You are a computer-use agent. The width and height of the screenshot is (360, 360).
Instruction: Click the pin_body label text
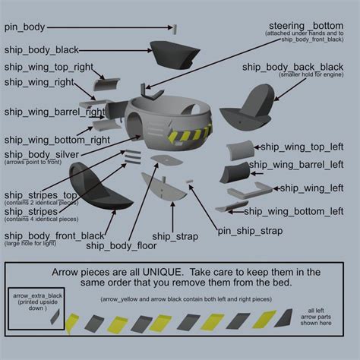coord(24,27)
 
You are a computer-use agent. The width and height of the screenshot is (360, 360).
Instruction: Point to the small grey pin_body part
coord(174,28)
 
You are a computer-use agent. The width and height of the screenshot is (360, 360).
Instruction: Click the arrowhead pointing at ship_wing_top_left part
coord(257,146)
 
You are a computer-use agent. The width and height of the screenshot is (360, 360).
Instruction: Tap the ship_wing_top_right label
coord(49,66)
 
